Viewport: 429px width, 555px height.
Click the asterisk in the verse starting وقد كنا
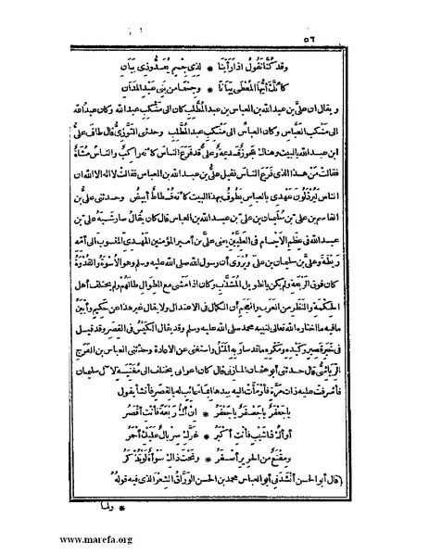(225, 69)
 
